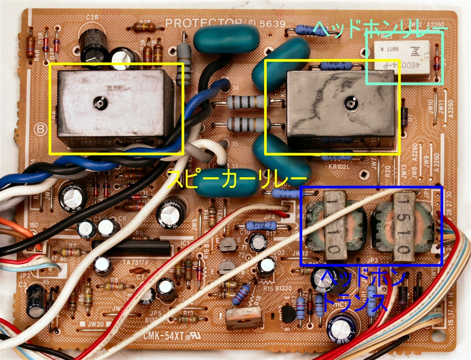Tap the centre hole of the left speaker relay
[99, 103]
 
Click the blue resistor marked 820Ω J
[261, 225]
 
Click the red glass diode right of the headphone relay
[437, 64]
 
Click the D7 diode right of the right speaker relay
[404, 114]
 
